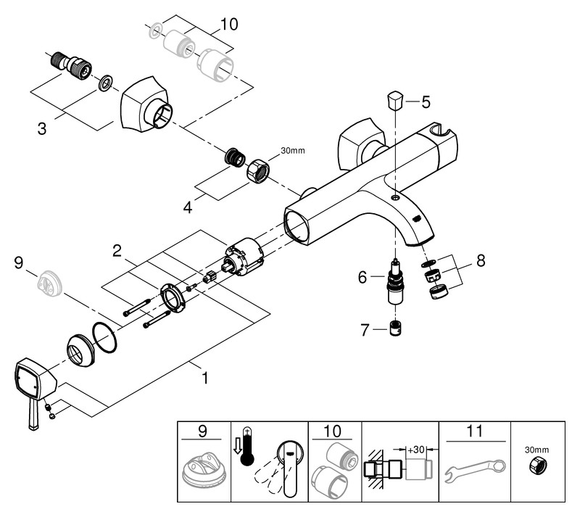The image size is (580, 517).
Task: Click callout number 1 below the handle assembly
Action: pyautogui.click(x=204, y=378)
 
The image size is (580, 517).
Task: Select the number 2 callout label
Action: pyautogui.click(x=116, y=251)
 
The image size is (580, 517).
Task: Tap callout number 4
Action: pyautogui.click(x=188, y=207)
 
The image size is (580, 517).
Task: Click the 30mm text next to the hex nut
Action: pyautogui.click(x=293, y=152)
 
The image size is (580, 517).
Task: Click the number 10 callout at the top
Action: pyautogui.click(x=228, y=24)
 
